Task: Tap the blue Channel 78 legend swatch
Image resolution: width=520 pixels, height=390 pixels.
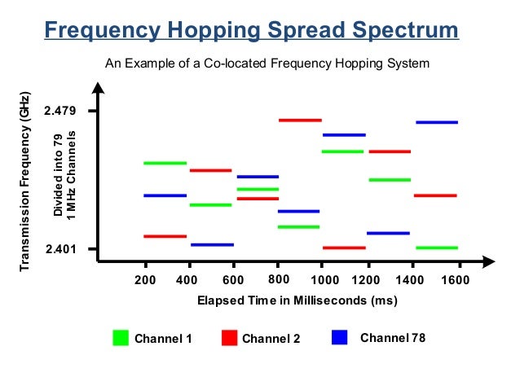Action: click(x=341, y=337)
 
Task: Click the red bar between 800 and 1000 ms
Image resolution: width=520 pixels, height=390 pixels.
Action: click(x=300, y=120)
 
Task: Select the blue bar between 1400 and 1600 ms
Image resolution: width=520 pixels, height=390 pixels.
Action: click(x=436, y=122)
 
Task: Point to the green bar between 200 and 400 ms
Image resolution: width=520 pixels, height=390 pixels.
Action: click(x=165, y=163)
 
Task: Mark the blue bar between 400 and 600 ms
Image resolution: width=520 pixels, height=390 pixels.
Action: click(x=212, y=244)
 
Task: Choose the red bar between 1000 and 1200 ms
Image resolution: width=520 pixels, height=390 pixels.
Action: click(x=344, y=248)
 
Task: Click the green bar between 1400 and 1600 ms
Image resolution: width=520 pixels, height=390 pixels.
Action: click(x=436, y=248)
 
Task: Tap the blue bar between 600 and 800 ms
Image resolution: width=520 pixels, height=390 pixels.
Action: click(x=258, y=176)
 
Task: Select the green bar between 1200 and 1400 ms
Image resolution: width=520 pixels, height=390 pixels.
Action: click(x=390, y=180)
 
